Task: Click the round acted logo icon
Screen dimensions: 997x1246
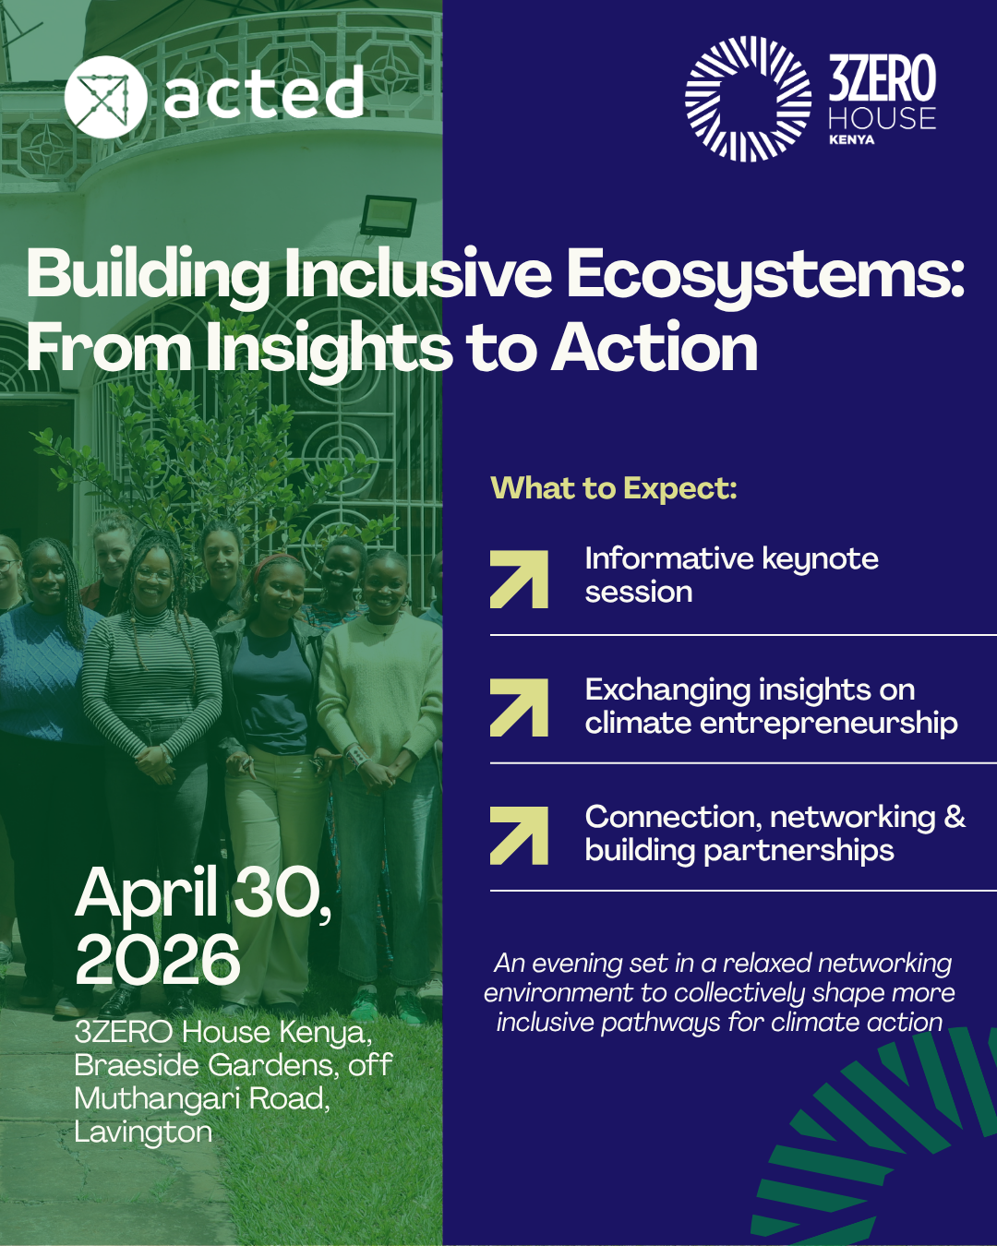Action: pos(105,97)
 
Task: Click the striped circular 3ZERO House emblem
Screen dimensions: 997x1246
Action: pos(748,99)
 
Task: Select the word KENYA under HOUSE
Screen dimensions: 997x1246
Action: pos(851,139)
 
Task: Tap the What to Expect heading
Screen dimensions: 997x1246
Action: pos(614,487)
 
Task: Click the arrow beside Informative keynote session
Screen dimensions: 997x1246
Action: pos(519,579)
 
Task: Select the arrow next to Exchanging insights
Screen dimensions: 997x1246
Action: pos(519,708)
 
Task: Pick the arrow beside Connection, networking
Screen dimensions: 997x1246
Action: pos(519,835)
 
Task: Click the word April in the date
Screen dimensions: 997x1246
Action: pos(146,894)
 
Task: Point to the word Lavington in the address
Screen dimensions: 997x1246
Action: pos(143,1132)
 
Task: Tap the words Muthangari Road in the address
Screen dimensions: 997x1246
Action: pos(201,1098)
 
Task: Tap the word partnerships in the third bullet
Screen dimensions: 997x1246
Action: pos(799,851)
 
